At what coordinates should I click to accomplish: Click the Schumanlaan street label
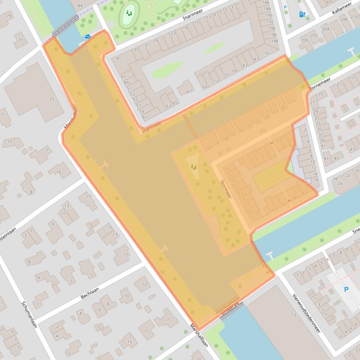click(29, 314)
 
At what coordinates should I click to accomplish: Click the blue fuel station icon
click(302, 14)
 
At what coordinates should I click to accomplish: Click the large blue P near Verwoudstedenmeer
click(346, 289)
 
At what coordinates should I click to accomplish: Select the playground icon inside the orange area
click(193, 166)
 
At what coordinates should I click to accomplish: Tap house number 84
click(80, 6)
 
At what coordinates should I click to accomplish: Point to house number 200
click(305, 40)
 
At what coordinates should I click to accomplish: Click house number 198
click(274, 41)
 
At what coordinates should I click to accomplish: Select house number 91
click(267, 53)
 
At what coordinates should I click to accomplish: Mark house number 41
click(118, 58)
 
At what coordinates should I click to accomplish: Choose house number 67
click(189, 91)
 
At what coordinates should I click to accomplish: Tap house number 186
click(266, 3)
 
